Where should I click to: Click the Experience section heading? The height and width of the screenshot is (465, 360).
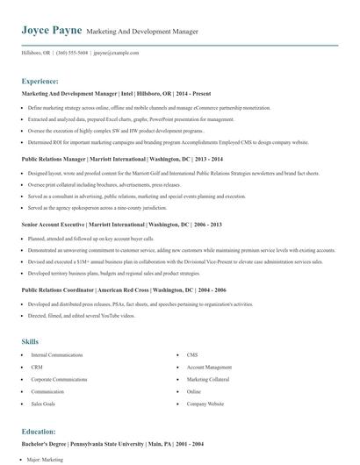(43, 80)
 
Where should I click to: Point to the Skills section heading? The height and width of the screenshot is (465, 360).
(31, 340)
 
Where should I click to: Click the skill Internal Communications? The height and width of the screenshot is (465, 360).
(58, 354)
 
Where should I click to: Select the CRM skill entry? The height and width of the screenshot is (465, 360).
(37, 367)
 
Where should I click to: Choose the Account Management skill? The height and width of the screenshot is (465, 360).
(209, 367)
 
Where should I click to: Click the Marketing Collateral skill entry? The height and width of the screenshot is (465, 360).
(209, 379)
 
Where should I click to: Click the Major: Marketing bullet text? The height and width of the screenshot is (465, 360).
(47, 460)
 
